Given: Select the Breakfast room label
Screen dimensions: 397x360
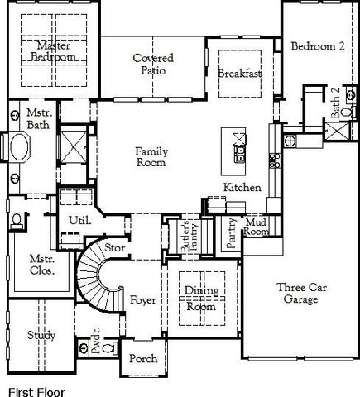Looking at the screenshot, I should coord(240,74).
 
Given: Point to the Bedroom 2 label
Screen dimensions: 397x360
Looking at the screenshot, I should coord(318,47).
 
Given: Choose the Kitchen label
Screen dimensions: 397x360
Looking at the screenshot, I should coord(242,188).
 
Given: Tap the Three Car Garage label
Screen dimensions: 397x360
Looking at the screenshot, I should coord(297,294).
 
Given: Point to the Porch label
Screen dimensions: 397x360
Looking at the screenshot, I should coord(143,360).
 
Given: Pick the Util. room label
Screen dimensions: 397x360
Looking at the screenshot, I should coord(79,221).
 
